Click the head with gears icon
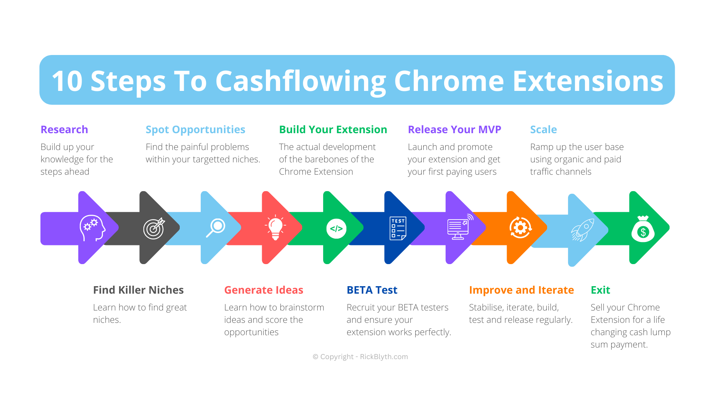click(x=92, y=228)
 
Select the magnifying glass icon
click(x=216, y=227)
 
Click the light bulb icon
click(x=276, y=227)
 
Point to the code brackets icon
click(x=336, y=228)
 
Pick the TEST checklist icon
click(x=398, y=228)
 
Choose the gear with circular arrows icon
click(x=520, y=227)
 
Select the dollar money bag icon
click(x=643, y=229)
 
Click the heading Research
click(x=64, y=129)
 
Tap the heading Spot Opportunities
click(x=195, y=129)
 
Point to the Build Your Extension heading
click(x=333, y=129)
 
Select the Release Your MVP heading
click(x=454, y=129)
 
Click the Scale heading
click(x=543, y=129)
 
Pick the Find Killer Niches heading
click(x=138, y=290)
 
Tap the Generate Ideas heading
click(x=264, y=290)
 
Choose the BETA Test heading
click(x=372, y=290)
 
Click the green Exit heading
click(x=600, y=290)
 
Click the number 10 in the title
click(x=67, y=81)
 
